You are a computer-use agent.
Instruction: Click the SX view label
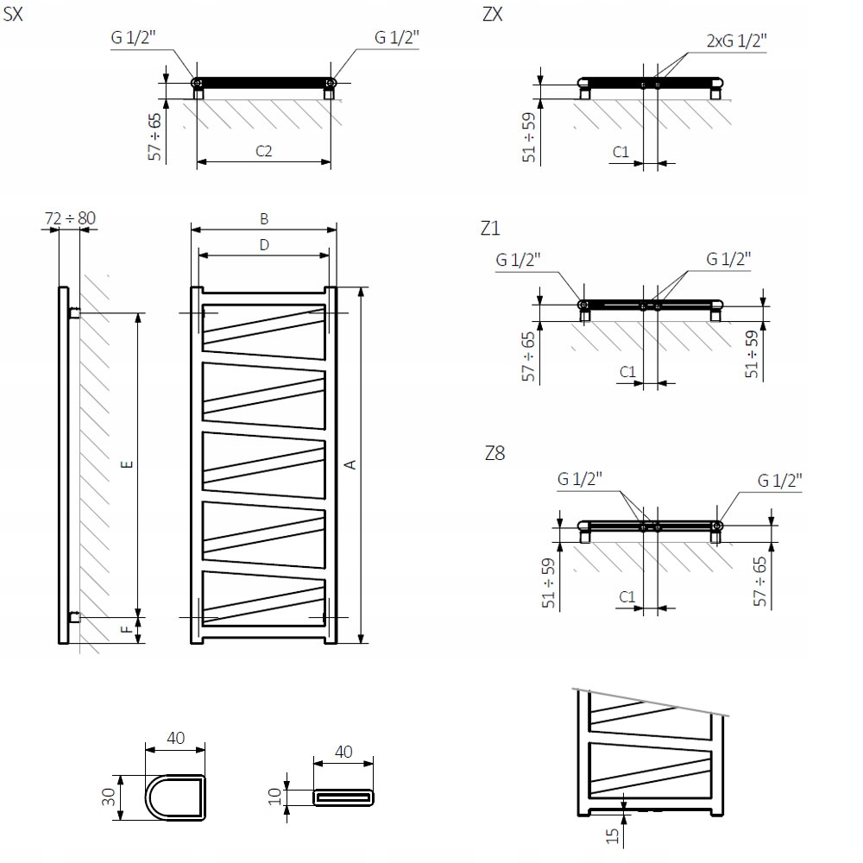click(x=13, y=15)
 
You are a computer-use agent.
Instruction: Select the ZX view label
click(x=493, y=15)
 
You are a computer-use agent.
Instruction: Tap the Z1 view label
click(x=491, y=229)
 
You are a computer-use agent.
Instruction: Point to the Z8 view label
click(x=494, y=453)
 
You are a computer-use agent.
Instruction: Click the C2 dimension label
click(x=264, y=150)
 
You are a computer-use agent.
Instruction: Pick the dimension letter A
click(x=350, y=465)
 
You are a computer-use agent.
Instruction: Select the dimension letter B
click(x=264, y=219)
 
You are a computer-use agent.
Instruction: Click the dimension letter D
click(x=264, y=244)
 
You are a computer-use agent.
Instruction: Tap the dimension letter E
click(x=127, y=465)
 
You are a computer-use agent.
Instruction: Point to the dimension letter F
click(x=127, y=630)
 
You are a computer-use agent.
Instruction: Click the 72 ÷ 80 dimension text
click(x=69, y=218)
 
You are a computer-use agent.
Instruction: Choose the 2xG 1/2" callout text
click(x=736, y=41)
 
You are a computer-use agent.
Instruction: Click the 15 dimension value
click(x=612, y=835)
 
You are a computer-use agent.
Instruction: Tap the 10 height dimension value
click(x=275, y=796)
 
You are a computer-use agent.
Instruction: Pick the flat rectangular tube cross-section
click(x=343, y=796)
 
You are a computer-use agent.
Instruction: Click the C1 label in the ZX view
click(x=620, y=152)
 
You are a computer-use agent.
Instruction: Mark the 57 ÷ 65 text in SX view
click(x=154, y=136)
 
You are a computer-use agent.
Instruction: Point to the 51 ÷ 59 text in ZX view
click(x=530, y=136)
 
